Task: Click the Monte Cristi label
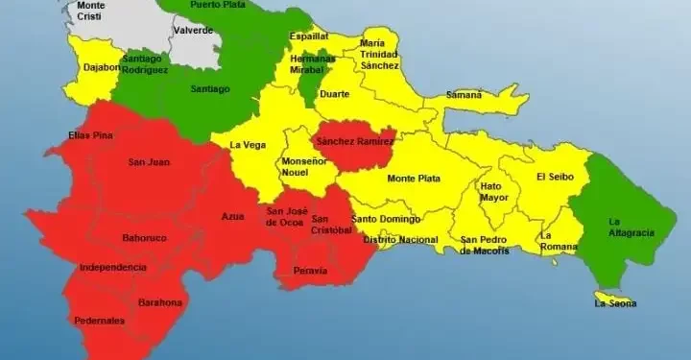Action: click(x=91, y=12)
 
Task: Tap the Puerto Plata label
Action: click(x=217, y=5)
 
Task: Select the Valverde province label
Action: click(x=194, y=31)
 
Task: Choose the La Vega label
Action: click(x=247, y=145)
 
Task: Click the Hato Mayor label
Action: click(x=494, y=192)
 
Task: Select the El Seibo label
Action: click(x=554, y=177)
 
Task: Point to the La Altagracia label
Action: click(x=631, y=227)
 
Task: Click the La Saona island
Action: click(x=613, y=303)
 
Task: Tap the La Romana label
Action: click(x=558, y=241)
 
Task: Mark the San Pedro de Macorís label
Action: click(x=485, y=245)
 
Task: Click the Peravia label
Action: click(x=310, y=271)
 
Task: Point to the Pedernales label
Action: click(x=99, y=321)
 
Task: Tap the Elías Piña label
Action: click(x=91, y=134)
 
